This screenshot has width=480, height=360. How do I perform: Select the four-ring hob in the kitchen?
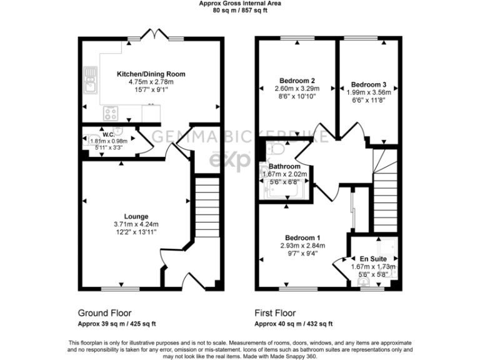(111, 113)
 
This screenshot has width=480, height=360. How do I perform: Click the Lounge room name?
(136, 216)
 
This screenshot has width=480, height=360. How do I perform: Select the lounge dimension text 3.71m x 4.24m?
(136, 224)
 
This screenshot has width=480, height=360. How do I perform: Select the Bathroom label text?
(284, 167)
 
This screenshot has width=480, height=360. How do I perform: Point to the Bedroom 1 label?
(302, 238)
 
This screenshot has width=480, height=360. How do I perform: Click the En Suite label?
(372, 257)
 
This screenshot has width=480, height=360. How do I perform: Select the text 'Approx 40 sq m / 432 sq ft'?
(293, 324)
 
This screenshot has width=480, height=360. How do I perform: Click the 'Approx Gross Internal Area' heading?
(240, 4)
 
